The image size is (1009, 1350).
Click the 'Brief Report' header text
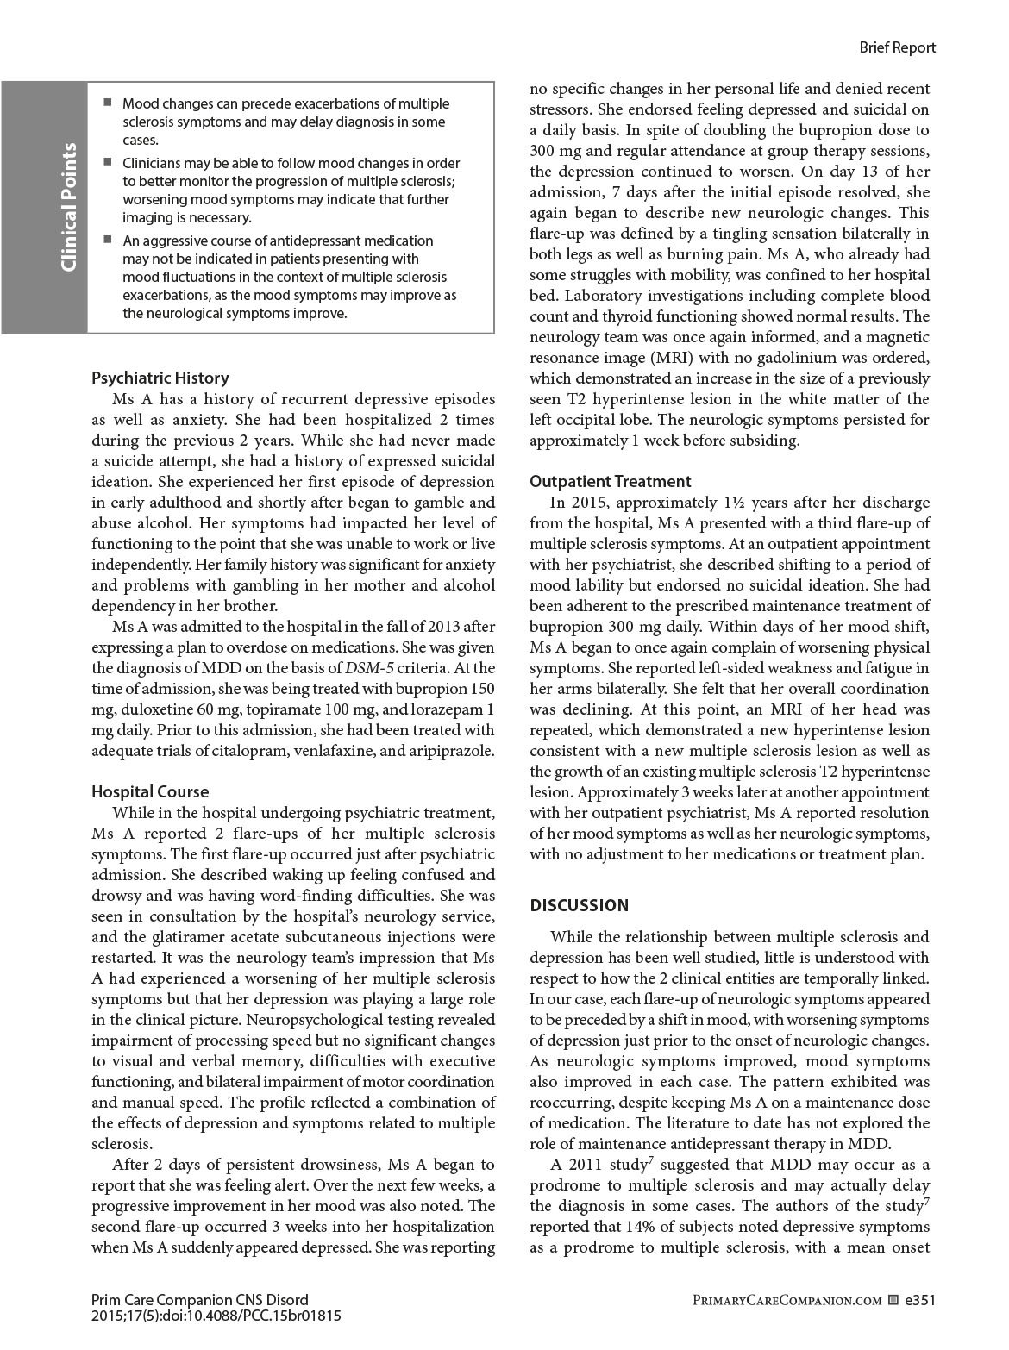click(897, 47)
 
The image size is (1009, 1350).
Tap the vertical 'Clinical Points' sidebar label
click(69, 207)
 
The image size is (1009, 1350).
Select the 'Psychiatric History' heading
click(160, 378)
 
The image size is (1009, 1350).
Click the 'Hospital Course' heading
click(150, 791)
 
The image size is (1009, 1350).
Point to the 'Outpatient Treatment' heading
click(610, 481)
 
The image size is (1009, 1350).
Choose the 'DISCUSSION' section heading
click(579, 905)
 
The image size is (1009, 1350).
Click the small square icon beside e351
click(893, 1300)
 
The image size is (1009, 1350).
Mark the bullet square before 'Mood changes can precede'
click(108, 103)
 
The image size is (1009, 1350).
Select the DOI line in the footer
click(216, 1316)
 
